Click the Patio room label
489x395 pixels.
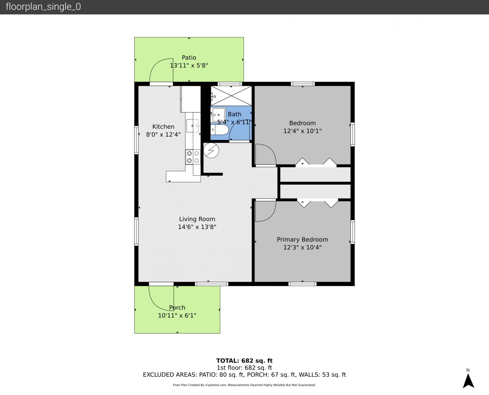pyautogui.click(x=189, y=57)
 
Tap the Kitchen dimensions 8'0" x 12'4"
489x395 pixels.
pyautogui.click(x=163, y=135)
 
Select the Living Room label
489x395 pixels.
pyautogui.click(x=197, y=219)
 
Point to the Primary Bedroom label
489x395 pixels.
pyautogui.click(x=302, y=240)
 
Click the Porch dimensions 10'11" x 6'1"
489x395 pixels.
pyautogui.click(x=177, y=316)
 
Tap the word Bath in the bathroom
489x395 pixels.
pyautogui.click(x=234, y=114)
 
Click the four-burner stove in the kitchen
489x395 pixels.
pyautogui.click(x=193, y=157)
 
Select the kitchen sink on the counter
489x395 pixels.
pyautogui.click(x=192, y=125)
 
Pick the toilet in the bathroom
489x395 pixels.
pyautogui.click(x=219, y=130)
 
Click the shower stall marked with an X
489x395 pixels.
pyautogui.click(x=231, y=96)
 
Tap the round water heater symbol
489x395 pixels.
pyautogui.click(x=211, y=151)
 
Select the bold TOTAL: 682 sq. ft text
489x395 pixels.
pyautogui.click(x=244, y=361)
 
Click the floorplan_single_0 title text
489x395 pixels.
pyautogui.click(x=43, y=7)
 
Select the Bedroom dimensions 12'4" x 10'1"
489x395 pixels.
pyautogui.click(x=302, y=131)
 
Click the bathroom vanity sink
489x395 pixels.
pyautogui.click(x=218, y=114)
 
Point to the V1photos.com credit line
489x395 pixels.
pyautogui.click(x=244, y=385)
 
